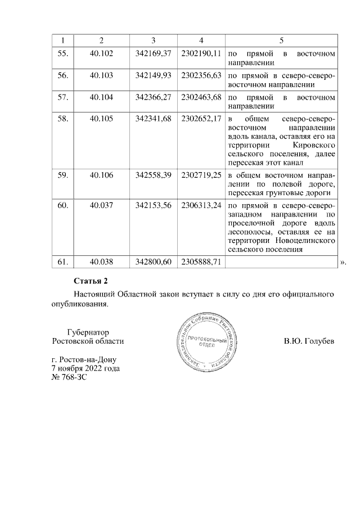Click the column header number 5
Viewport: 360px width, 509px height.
pyautogui.click(x=281, y=41)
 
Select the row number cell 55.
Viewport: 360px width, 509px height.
pyautogui.click(x=63, y=53)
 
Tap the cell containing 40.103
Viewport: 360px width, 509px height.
pyautogui.click(x=101, y=75)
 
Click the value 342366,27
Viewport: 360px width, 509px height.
pyautogui.click(x=153, y=97)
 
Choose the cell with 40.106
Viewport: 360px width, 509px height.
pyautogui.click(x=101, y=175)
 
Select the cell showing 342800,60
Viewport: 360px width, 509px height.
pyautogui.click(x=153, y=262)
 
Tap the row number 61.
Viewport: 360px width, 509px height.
pyautogui.click(x=63, y=262)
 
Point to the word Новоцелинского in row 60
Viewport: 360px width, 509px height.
pyautogui.click(x=309, y=240)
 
